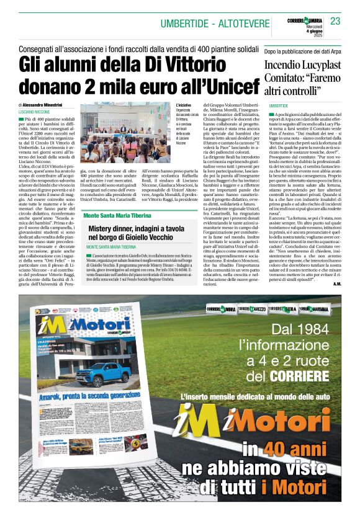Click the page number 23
pyautogui.click(x=335, y=21)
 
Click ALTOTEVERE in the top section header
pyautogui.click(x=246, y=24)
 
